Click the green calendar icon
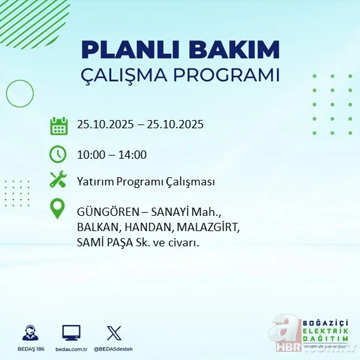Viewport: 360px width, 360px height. (x=58, y=125)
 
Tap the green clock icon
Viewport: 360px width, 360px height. (x=58, y=154)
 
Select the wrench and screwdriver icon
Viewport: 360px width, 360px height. (x=58, y=180)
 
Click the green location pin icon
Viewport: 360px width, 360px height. (x=58, y=210)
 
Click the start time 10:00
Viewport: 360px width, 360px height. (x=90, y=154)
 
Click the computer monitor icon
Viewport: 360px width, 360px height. (x=71, y=332)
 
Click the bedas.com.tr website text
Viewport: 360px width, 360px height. (x=71, y=349)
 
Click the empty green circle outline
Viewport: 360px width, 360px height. (x=20, y=94)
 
